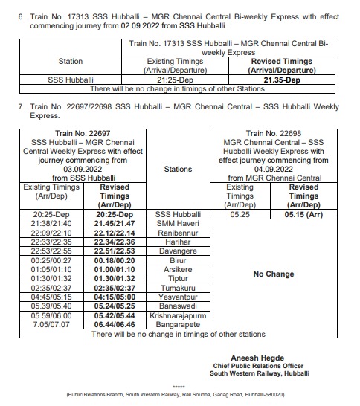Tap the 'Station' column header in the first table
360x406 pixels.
71,62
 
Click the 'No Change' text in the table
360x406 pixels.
274,274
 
